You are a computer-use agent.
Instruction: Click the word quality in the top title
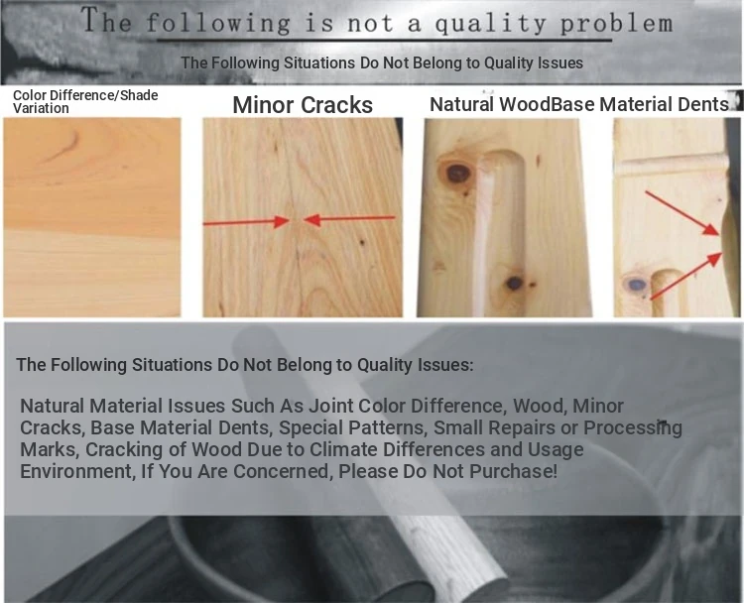coord(489,24)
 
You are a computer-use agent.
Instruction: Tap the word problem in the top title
coord(616,24)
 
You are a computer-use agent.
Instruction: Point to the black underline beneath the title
coord(384,41)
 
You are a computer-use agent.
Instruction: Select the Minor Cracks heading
coord(303,105)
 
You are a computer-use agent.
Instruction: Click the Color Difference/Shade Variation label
coord(85,101)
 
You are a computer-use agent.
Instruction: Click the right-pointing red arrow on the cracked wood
coord(247,221)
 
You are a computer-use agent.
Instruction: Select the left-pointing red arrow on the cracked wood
coord(349,219)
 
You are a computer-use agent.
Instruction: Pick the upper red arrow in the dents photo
coord(682,213)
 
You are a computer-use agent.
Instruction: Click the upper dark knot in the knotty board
coord(457,174)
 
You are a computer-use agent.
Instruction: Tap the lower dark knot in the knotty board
coord(514,284)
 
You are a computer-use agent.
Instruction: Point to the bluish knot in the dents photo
coord(636,285)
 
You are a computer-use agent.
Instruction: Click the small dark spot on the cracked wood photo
coord(362,242)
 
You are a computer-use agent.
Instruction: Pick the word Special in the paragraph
coord(310,427)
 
